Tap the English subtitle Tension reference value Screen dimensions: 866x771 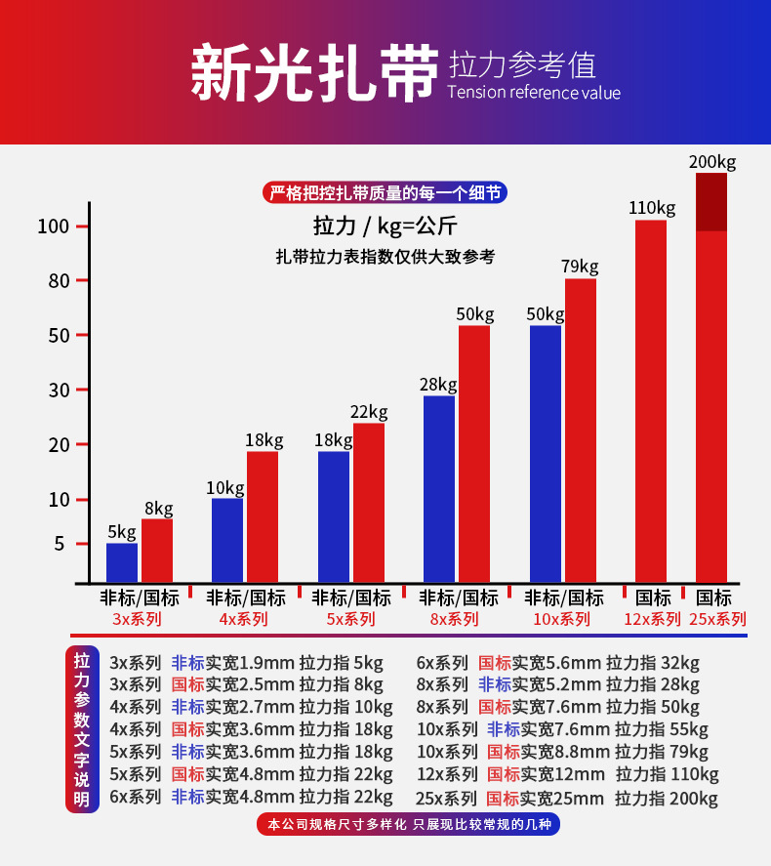pos(534,93)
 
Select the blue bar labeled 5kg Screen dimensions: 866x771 pos(122,562)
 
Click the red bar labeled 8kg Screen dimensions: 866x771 pos(157,551)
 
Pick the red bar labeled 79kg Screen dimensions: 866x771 pos(581,430)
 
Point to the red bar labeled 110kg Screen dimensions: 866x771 pos(651,400)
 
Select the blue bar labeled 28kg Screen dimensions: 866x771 pos(439,488)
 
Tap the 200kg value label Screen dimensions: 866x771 pos(712,161)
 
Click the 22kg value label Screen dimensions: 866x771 pos(369,411)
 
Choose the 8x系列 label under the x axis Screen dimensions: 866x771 pos(455,619)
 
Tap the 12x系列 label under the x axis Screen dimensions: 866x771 pos(653,619)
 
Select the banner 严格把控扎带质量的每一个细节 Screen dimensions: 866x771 pos(385,192)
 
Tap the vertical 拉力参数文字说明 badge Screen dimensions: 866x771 pos(82,730)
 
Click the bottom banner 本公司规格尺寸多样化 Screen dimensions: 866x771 pos(409,825)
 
